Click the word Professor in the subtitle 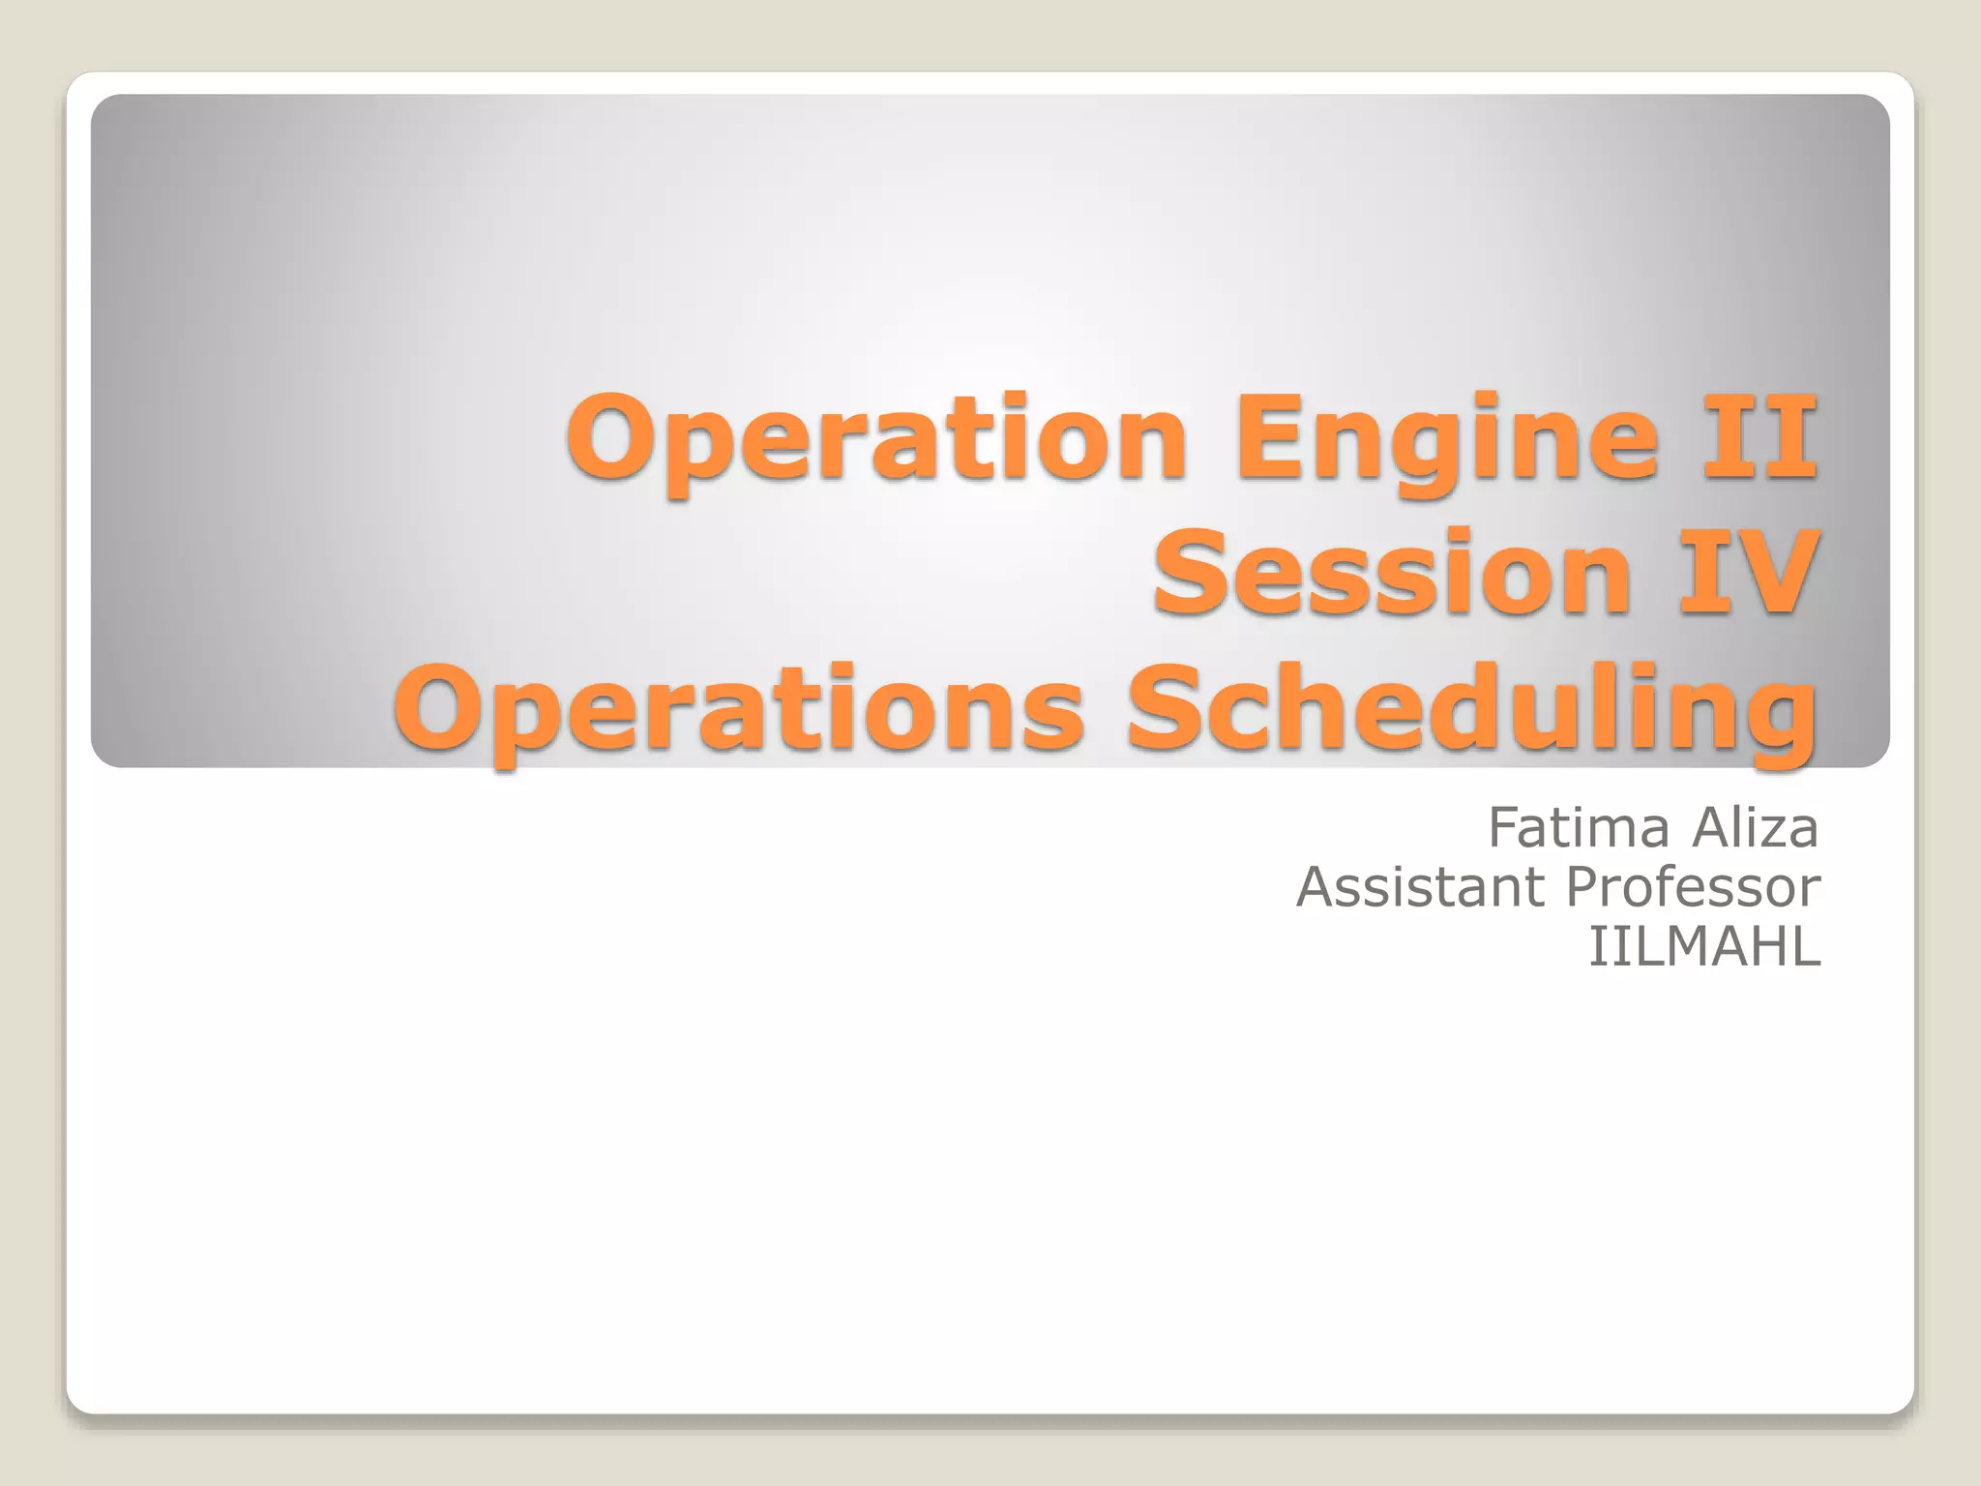[x=1693, y=887]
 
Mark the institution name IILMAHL [x=1704, y=946]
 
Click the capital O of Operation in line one [x=616, y=437]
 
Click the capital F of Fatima [x=1505, y=828]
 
